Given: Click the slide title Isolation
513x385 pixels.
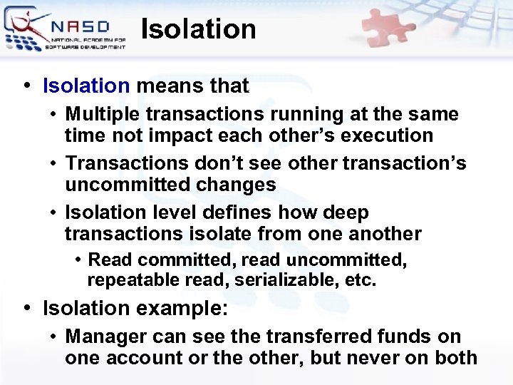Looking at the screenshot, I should [198, 29].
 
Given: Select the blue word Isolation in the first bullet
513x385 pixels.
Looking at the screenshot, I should [86, 86].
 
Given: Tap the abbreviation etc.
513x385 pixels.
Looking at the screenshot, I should [359, 279].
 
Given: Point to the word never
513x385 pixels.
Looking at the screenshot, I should [370, 356].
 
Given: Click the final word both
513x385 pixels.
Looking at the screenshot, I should [454, 356].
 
